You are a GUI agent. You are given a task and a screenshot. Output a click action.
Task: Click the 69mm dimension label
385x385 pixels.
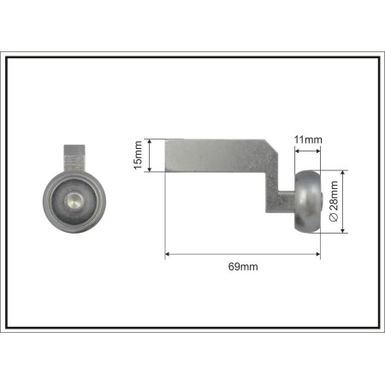tap(243, 267)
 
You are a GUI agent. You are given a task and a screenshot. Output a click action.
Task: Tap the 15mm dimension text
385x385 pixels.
tap(138, 155)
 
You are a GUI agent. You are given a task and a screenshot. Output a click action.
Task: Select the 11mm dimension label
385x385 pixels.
tap(308, 139)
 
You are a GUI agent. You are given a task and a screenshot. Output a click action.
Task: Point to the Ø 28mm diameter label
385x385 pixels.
tap(334, 201)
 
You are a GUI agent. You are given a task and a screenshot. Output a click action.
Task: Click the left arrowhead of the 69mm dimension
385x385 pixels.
tap(168, 254)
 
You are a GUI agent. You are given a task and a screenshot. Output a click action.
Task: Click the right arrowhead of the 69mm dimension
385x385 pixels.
tap(317, 254)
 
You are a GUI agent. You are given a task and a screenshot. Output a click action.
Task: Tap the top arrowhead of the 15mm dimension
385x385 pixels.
tap(149, 142)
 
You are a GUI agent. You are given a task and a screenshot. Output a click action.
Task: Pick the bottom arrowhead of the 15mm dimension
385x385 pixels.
tap(149, 169)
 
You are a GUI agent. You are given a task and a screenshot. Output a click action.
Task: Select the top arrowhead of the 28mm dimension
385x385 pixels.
tap(343, 174)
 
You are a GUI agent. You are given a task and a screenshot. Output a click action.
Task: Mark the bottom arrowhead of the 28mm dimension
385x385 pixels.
tap(343, 230)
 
